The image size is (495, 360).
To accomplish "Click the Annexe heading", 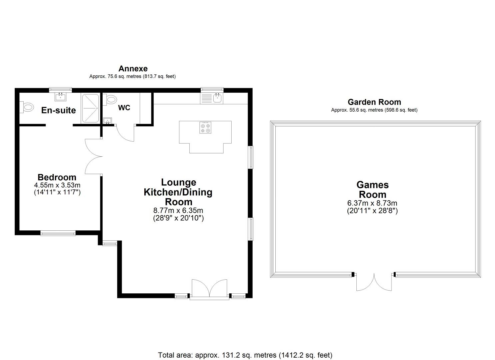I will tap(133, 69).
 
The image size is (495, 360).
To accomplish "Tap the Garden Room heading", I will tap(374, 102).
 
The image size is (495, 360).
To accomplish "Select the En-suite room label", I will tap(58, 110).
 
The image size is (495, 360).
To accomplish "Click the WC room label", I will tap(124, 108).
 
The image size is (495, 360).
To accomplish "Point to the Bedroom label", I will tap(57, 177).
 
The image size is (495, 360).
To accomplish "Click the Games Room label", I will tap(372, 189).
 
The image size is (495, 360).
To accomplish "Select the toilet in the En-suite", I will tap(28, 107).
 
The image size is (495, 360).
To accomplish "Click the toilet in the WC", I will tap(111, 99).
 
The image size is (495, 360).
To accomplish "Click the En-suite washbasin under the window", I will tap(60, 97).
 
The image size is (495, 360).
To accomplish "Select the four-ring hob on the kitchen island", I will tap(205, 128).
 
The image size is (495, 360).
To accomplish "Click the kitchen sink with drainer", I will tap(212, 98).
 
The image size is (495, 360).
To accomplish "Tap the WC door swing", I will tap(125, 133).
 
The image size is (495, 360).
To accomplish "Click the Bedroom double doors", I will tap(93, 156).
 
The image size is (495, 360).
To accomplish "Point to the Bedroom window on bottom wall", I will tap(58, 233).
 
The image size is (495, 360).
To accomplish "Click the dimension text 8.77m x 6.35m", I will tap(178, 210).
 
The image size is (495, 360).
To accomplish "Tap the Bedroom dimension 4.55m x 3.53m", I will tap(57, 185).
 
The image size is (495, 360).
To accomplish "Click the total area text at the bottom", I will tap(245, 355).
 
